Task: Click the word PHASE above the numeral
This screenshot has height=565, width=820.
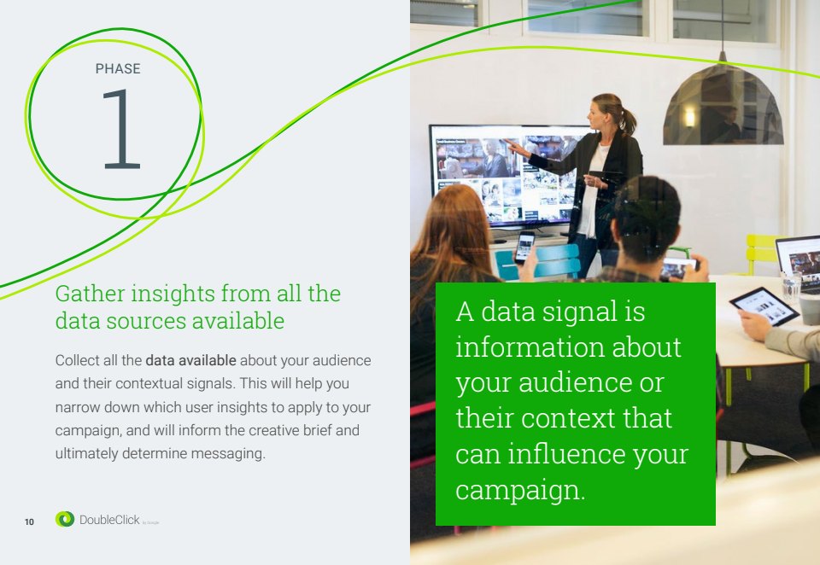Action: pyautogui.click(x=118, y=69)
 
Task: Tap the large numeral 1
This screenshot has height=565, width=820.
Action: pyautogui.click(x=121, y=129)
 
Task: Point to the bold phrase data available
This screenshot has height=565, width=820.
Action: pyautogui.click(x=190, y=360)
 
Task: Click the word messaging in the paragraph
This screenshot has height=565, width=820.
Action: pyautogui.click(x=228, y=454)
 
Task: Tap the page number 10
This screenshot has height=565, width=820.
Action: pyautogui.click(x=29, y=521)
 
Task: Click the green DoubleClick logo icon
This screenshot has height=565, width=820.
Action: pyautogui.click(x=65, y=519)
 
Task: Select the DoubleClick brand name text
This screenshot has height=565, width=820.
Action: pyautogui.click(x=109, y=520)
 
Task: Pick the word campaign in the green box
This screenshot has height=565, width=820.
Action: pyautogui.click(x=520, y=490)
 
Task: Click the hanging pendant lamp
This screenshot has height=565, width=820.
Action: pyautogui.click(x=723, y=103)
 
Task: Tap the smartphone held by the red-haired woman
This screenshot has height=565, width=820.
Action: pyautogui.click(x=524, y=247)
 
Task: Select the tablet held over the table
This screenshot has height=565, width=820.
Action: pyautogui.click(x=764, y=306)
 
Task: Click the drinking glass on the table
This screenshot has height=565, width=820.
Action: pyautogui.click(x=791, y=287)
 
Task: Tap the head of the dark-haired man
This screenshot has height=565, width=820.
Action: pyautogui.click(x=647, y=217)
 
